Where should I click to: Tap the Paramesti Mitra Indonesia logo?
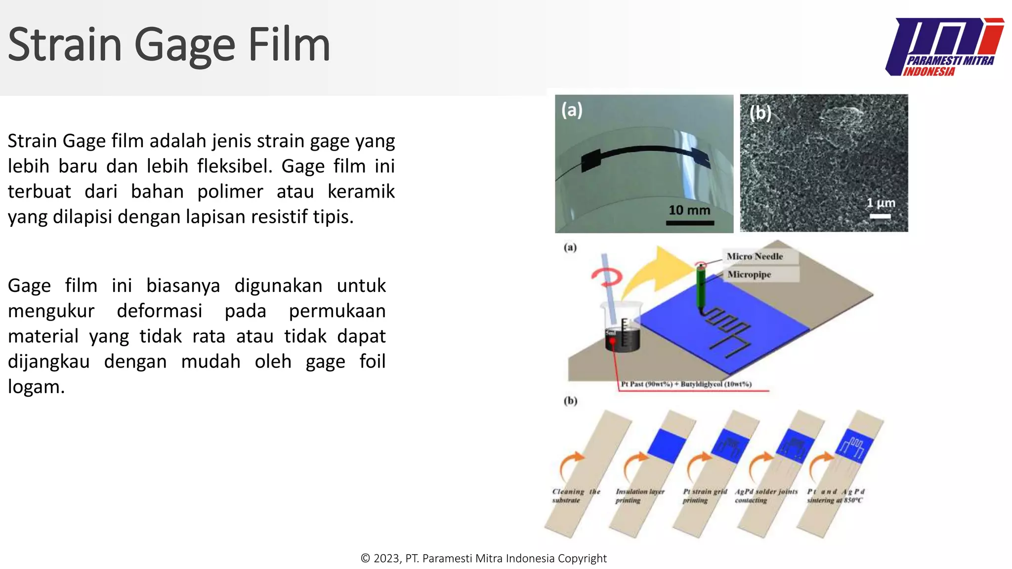945,47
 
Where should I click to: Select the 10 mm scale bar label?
689,210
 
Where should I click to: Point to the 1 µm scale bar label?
881,203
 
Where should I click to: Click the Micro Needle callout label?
755,256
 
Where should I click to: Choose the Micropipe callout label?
749,275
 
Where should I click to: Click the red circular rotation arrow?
607,277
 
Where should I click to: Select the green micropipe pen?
701,291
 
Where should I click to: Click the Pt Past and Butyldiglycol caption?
686,384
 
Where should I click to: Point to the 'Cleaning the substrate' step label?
576,496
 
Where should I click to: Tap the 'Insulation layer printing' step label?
639,496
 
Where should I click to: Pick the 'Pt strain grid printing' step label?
705,496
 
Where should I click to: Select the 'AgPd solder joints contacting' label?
766,496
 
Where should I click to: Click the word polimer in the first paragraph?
230,192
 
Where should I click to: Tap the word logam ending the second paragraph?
36,387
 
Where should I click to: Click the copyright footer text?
483,559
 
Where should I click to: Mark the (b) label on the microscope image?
760,113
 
